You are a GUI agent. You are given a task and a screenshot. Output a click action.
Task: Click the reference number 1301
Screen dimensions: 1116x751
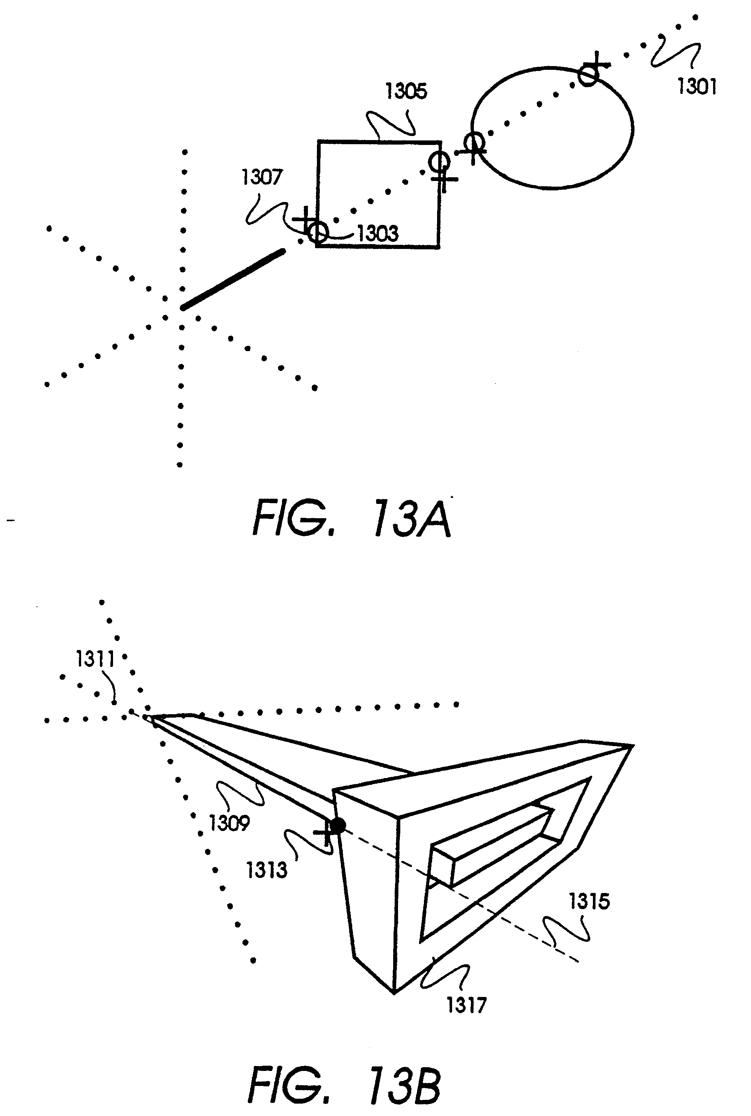pos(697,87)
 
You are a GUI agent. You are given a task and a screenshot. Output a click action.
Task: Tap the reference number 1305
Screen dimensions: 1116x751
pos(406,91)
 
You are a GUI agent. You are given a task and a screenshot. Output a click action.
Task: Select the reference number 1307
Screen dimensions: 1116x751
pos(262,177)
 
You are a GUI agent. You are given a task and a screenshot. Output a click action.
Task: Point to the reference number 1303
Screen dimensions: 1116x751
pos(378,234)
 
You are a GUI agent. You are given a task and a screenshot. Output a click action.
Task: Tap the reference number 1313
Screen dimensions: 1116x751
pos(266,869)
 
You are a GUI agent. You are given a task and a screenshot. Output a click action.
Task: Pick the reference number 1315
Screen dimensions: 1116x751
pos(589,901)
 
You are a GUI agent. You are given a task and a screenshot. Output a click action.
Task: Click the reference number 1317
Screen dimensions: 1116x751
pos(466,1004)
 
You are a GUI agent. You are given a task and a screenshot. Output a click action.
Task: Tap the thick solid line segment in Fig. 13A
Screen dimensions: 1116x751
pos(233,279)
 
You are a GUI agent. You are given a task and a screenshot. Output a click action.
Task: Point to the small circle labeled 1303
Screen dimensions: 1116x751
pos(318,232)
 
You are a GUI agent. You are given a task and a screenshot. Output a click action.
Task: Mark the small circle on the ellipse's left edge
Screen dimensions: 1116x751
pos(475,142)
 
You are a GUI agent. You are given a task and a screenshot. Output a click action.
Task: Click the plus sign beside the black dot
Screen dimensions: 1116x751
pos(325,832)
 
